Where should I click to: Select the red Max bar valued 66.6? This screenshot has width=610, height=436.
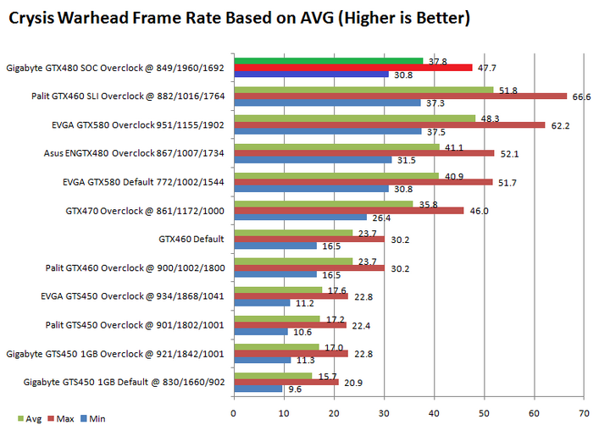point(400,97)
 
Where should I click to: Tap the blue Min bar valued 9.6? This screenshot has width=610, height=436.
point(258,389)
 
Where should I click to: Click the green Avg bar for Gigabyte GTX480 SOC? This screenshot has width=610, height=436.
point(328,60)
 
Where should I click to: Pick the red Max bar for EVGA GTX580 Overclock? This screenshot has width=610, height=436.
point(389,124)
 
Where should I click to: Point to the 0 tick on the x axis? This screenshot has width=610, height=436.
point(234,414)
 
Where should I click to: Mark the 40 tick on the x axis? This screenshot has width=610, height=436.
point(434,414)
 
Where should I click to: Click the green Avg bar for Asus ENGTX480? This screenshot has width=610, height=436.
point(336,146)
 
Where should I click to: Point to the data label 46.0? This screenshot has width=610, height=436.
point(479,211)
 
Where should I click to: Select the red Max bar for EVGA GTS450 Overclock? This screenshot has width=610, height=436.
point(291,296)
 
